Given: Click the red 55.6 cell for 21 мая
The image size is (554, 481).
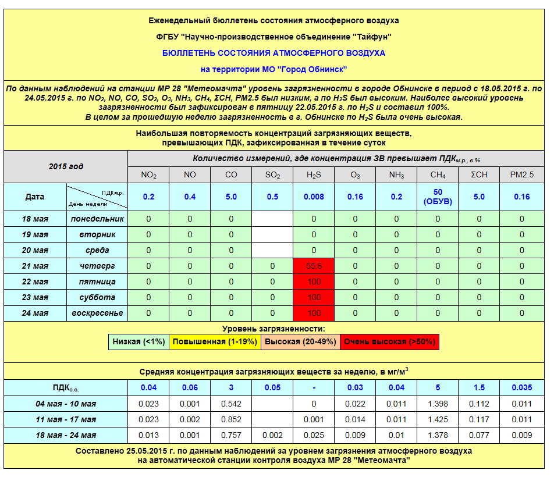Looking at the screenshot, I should coord(314,266).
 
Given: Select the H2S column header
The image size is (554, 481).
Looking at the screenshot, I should coord(314,175).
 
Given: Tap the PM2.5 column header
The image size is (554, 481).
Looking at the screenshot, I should coord(521,175).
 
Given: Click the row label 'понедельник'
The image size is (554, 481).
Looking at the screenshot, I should coord(97,219).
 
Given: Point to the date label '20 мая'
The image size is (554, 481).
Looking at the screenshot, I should coord(35,250).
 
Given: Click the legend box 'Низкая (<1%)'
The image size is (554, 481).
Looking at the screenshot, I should coord(138,341).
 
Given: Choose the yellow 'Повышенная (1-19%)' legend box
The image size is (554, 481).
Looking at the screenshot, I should coord(215,341).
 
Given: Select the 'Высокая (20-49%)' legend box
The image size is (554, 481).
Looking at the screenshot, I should coord(299,341).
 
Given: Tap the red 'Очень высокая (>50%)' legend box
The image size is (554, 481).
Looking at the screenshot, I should coord(389,341).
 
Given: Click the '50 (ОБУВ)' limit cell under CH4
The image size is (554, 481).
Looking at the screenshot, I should coord(438,197).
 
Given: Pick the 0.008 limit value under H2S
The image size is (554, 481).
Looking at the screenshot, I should coord(314,197).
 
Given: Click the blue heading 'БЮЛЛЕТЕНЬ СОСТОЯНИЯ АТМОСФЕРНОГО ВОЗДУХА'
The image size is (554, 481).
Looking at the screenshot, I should coord(274,53).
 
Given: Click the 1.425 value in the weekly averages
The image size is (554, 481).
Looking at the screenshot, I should coord(438,419).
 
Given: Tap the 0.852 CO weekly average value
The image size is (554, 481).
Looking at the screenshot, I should coord(231,419).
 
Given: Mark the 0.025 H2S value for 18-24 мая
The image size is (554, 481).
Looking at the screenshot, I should coord(314,435).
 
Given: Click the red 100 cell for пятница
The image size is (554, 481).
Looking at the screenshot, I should coord(314,282).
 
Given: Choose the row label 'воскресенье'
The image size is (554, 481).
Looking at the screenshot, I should coord(97,313).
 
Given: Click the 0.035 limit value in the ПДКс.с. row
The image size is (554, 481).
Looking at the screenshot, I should coord(521,387).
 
